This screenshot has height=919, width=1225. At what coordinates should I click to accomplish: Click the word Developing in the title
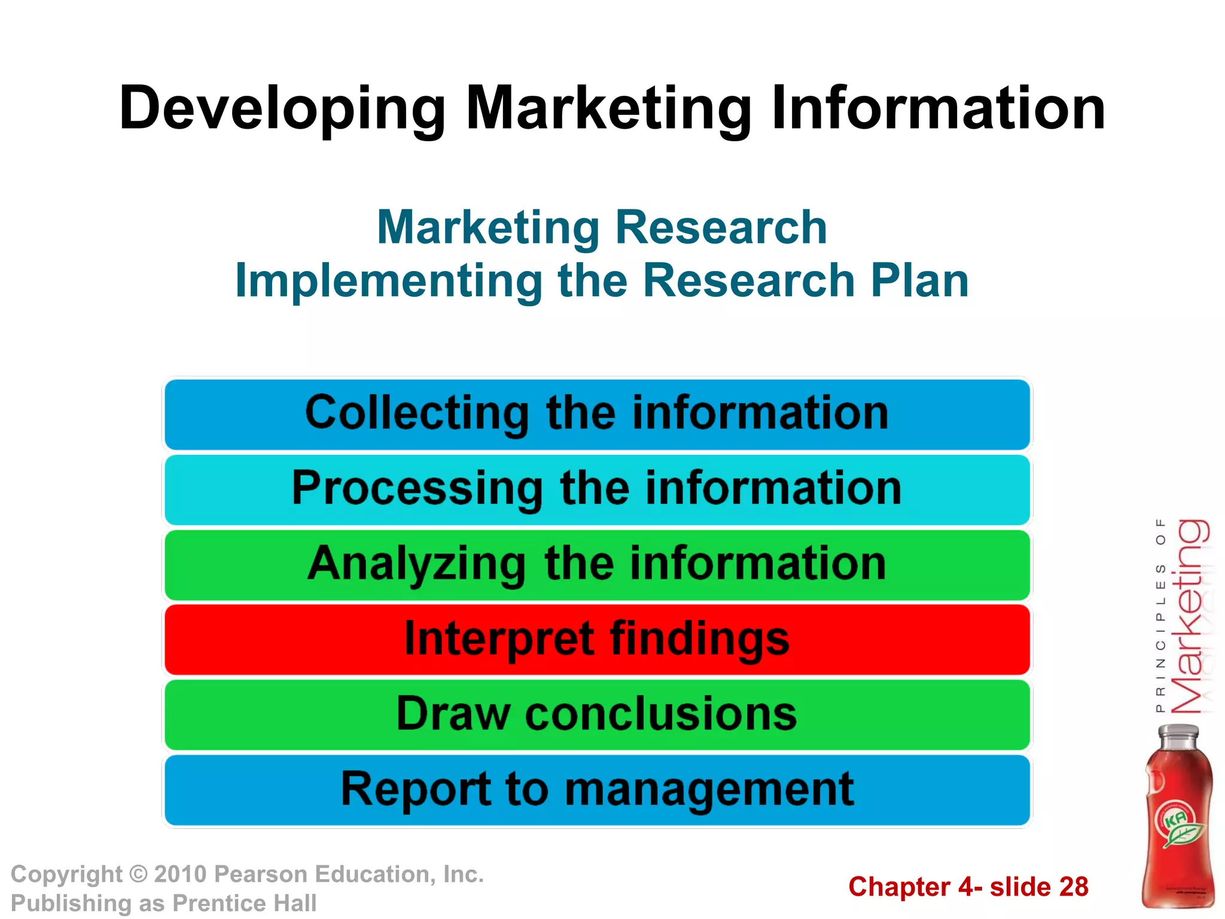tap(282, 109)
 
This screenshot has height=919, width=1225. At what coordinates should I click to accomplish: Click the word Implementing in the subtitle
tap(389, 281)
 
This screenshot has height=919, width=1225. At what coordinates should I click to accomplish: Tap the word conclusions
tap(661, 714)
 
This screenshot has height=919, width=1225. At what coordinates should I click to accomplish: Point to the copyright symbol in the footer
tap(138, 875)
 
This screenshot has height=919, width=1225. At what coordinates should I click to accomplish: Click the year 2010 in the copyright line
tap(180, 875)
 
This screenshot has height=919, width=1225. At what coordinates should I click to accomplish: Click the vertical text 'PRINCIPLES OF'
tap(1160, 616)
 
